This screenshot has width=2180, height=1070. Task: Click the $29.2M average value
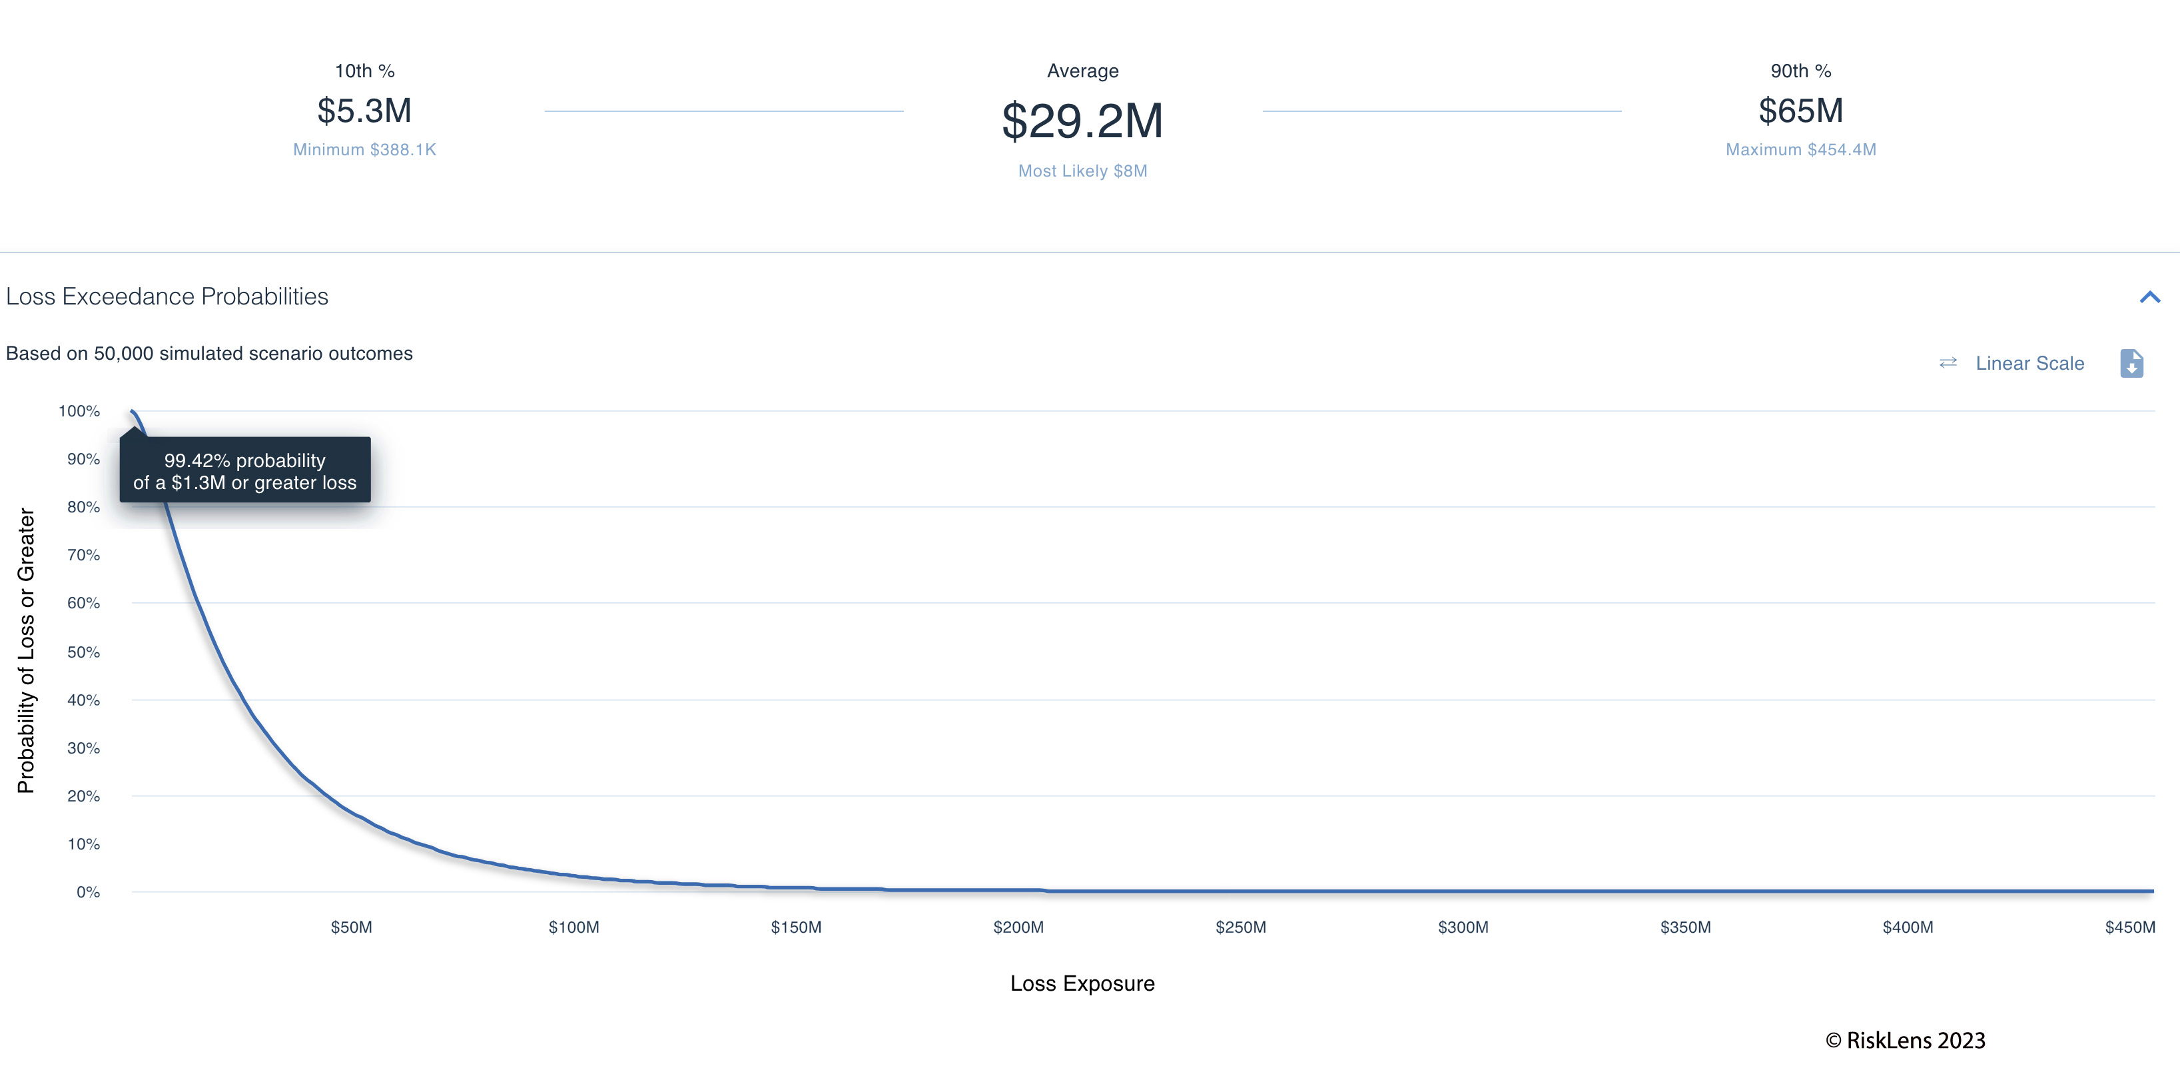coord(1082,121)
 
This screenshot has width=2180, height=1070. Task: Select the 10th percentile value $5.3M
coord(364,111)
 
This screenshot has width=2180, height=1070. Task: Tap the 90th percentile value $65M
coord(1800,111)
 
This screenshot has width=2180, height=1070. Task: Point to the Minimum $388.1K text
coord(364,150)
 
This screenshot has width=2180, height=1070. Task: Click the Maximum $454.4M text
coord(1800,150)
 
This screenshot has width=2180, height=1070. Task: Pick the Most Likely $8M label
coord(1082,171)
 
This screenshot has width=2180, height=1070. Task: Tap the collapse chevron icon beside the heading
coord(2149,297)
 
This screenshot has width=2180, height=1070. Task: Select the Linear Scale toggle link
coord(2029,363)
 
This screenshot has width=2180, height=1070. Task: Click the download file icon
coord(2131,363)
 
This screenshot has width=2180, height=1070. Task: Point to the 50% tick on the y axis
coord(84,652)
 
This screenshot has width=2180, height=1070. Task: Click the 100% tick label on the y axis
coord(79,411)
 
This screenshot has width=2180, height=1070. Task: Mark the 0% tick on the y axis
coord(88,892)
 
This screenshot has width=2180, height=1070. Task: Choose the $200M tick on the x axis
coord(1018,927)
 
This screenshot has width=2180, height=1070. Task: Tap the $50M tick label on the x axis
coord(351,927)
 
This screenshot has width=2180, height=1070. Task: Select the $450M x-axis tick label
coord(2129,927)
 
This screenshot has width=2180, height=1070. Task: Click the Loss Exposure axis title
coord(1082,983)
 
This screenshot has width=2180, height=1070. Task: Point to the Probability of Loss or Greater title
coord(26,650)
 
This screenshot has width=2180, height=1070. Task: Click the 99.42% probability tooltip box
coord(244,470)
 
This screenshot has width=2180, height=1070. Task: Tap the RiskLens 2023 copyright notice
coord(1905,1041)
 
